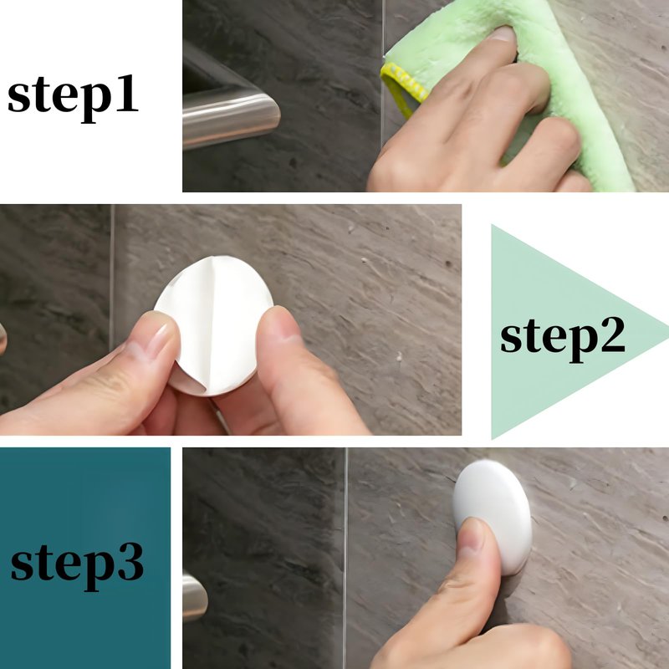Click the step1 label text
[x=73, y=98]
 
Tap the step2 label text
[x=563, y=339]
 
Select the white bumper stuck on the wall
[x=493, y=516]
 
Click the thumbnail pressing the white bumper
[x=472, y=534]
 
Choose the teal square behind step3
[x=85, y=558]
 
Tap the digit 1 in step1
[x=127, y=94]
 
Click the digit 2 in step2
[x=613, y=335]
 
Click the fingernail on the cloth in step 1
[x=503, y=33]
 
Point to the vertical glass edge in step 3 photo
[x=345, y=558]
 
